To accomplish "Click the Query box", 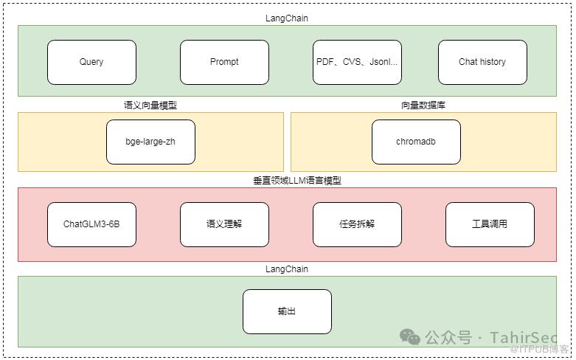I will click(x=91, y=62).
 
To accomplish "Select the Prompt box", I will click(x=224, y=62).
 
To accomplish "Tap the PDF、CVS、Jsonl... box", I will click(x=357, y=62).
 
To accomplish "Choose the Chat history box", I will click(x=482, y=62).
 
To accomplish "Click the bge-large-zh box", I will click(x=150, y=142).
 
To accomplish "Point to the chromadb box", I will click(x=416, y=142).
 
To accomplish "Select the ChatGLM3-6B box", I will click(x=91, y=224).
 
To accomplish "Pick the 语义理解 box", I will click(x=224, y=224).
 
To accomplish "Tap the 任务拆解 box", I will click(x=357, y=224).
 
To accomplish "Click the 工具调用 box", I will click(x=490, y=224).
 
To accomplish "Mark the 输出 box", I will click(x=287, y=311).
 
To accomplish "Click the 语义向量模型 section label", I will click(x=150, y=105).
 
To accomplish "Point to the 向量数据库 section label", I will click(x=423, y=105).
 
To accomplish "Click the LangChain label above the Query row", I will click(x=287, y=17).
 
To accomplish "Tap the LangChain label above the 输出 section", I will click(x=287, y=269).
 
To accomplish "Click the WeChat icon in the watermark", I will click(x=410, y=337).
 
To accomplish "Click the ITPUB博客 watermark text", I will click(x=543, y=349).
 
